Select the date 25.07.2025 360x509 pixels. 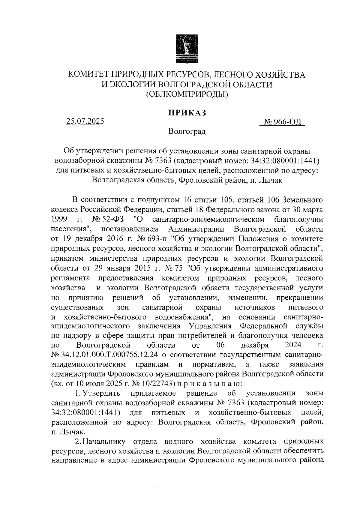click(x=85, y=121)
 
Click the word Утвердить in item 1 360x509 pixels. click(x=101, y=393)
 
